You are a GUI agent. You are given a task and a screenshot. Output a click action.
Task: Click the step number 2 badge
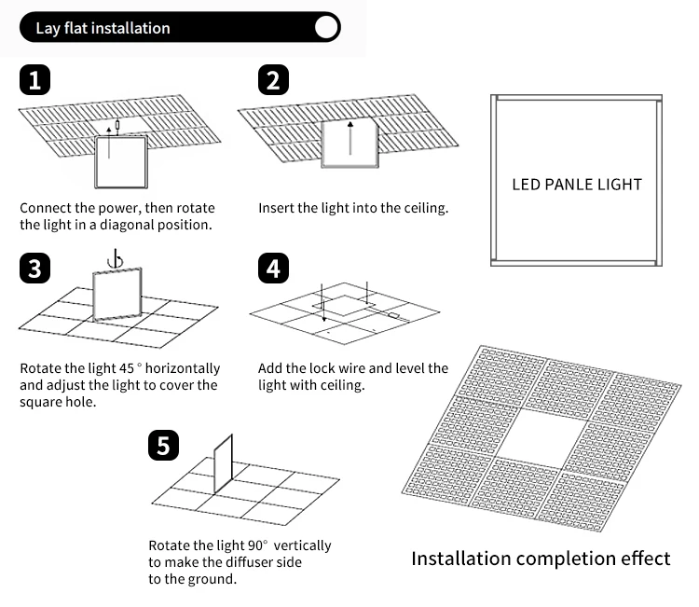click(272, 80)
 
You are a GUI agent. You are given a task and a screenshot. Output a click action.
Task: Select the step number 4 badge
click(272, 269)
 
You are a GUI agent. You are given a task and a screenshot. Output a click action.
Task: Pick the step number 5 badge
click(164, 447)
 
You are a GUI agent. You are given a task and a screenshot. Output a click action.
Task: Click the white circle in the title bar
click(326, 27)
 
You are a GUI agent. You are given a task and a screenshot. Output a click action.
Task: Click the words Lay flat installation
click(103, 28)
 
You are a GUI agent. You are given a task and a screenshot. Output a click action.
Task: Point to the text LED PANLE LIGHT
click(577, 184)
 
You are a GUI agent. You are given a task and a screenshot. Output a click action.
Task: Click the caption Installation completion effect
click(541, 559)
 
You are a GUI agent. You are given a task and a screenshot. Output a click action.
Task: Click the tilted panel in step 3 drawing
click(116, 293)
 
